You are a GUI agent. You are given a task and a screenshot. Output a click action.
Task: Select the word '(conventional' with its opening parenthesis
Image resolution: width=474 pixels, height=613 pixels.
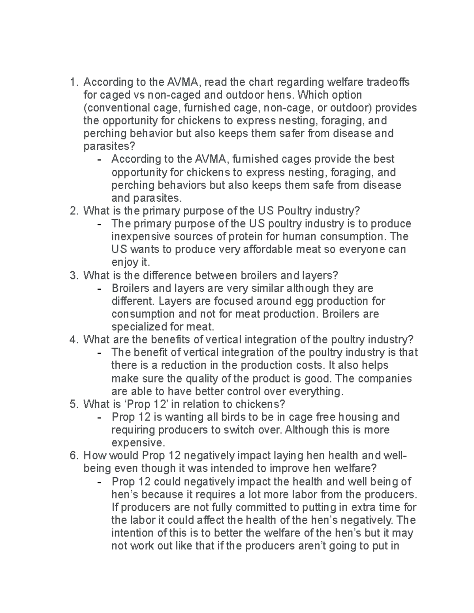pyautogui.click(x=111, y=108)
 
